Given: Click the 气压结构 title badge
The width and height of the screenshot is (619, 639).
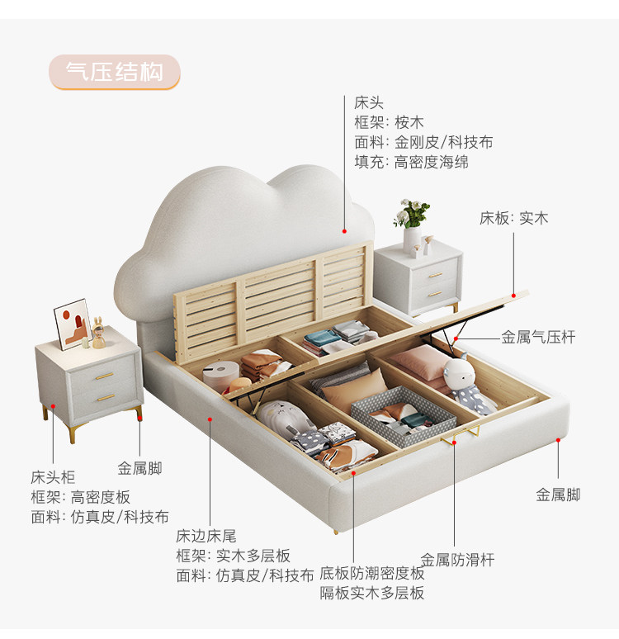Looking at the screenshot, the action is point(115,72).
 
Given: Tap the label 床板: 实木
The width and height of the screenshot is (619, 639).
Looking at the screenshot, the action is point(513,218).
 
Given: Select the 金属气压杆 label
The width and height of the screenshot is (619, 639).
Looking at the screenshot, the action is point(538,337).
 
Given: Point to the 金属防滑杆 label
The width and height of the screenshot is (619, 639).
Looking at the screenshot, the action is point(457,560).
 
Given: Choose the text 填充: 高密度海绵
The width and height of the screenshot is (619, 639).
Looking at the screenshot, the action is point(411,162).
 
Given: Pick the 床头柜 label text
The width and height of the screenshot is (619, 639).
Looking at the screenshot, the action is point(53,477).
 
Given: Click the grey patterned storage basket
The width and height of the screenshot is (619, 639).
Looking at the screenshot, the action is point(401,414).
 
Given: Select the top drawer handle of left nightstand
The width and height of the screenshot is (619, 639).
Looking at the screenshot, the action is point(104,376).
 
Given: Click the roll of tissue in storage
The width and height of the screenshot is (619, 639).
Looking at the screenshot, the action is point(216,378).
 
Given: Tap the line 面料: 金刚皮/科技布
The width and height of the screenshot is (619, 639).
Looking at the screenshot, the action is point(423,142).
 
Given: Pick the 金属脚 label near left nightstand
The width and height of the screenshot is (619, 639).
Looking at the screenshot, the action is point(139,469).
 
